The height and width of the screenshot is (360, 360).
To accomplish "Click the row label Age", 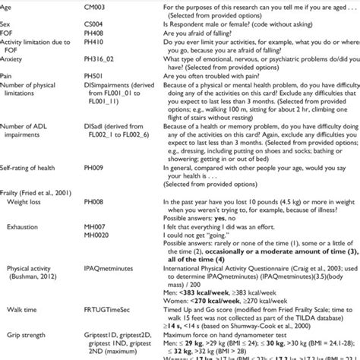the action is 8,5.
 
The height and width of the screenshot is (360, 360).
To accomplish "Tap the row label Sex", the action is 8,22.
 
